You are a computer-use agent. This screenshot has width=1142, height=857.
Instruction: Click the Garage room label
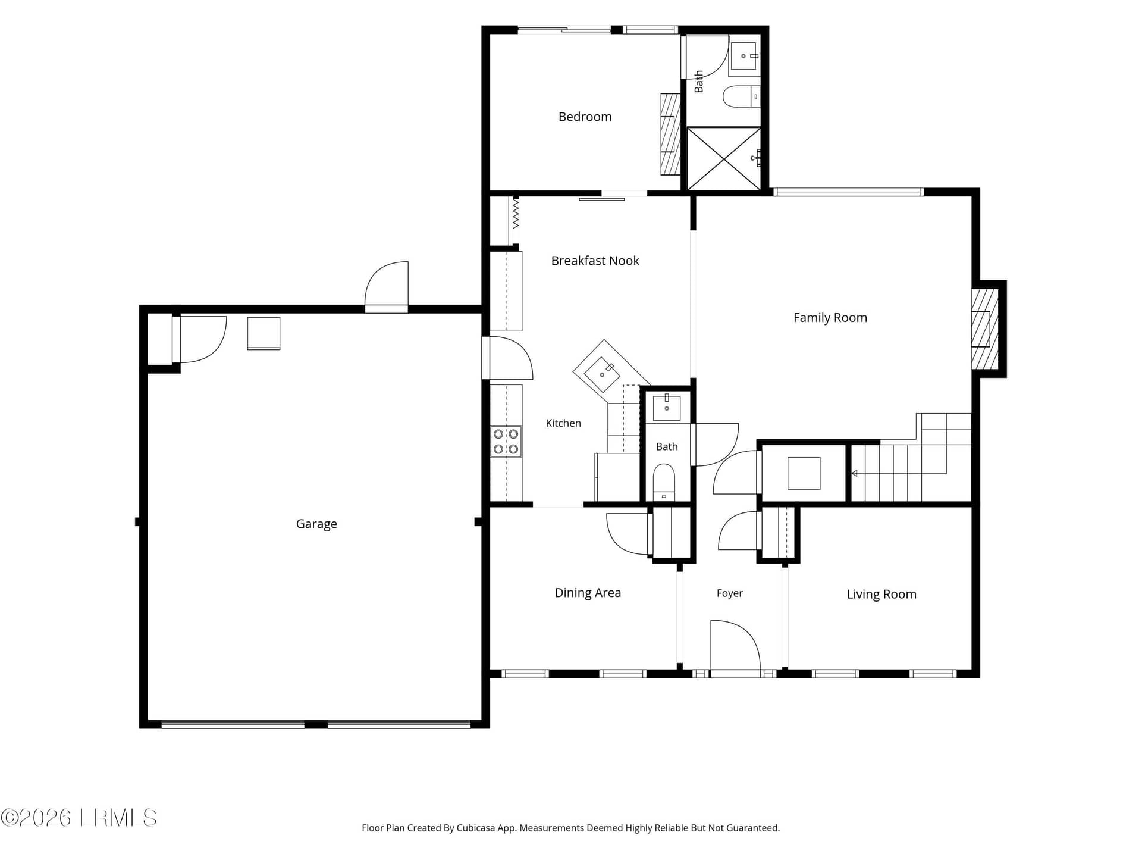click(x=316, y=524)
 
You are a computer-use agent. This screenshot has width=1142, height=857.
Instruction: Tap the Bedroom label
click(x=585, y=117)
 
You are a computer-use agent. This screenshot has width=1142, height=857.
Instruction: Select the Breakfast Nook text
click(x=595, y=261)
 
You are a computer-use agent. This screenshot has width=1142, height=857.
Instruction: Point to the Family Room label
click(x=830, y=318)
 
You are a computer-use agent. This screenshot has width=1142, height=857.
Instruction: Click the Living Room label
click(x=881, y=594)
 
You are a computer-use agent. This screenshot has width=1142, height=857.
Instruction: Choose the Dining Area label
click(x=588, y=593)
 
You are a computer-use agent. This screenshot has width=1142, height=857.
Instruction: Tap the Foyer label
click(x=730, y=593)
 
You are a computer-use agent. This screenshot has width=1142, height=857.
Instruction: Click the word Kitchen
click(x=563, y=423)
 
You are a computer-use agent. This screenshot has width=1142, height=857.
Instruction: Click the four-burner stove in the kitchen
click(x=506, y=442)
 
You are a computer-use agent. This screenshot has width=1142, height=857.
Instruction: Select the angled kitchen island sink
click(x=603, y=374)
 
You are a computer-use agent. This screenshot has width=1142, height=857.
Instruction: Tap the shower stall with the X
click(x=724, y=158)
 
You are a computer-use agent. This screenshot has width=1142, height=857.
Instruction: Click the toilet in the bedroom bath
click(x=741, y=96)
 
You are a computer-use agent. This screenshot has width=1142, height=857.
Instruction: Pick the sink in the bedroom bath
click(x=744, y=56)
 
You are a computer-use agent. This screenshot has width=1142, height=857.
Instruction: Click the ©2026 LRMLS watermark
click(x=79, y=818)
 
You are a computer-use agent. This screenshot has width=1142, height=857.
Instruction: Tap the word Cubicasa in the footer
click(x=475, y=828)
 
